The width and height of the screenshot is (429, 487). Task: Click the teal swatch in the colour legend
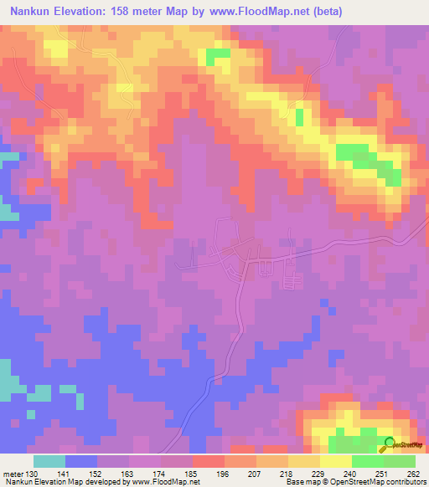pyautogui.click(x=49, y=460)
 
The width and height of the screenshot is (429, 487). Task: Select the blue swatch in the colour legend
pyautogui.click(x=81, y=460)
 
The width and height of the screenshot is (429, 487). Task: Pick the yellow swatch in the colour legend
pyautogui.click(x=336, y=460)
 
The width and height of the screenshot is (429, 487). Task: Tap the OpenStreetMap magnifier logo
pyautogui.click(x=389, y=443)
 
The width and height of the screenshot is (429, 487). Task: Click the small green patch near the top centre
pyautogui.click(x=219, y=55)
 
